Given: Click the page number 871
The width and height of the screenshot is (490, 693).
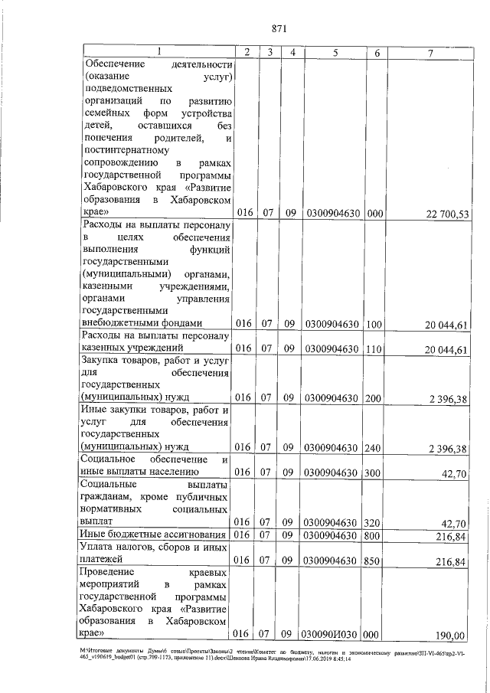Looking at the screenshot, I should click(x=279, y=29).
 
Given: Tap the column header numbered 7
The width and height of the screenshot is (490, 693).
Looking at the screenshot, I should click(x=431, y=52).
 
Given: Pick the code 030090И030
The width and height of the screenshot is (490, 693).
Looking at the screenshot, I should click(x=332, y=634).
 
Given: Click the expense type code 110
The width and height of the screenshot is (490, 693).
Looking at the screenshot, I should click(x=374, y=349).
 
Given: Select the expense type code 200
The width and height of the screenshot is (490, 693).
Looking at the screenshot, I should click(x=374, y=397).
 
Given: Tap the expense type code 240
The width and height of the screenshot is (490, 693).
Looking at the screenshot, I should click(x=374, y=447).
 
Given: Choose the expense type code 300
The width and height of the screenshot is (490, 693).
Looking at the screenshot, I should click(x=374, y=472).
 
